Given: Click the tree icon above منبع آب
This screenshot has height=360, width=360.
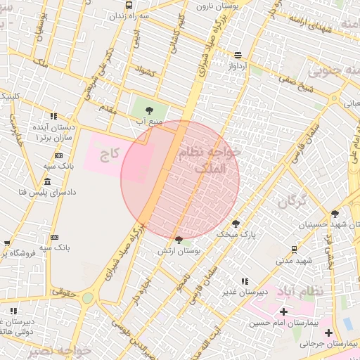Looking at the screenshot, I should click(x=149, y=110).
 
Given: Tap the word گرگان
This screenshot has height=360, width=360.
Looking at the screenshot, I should click(x=292, y=202).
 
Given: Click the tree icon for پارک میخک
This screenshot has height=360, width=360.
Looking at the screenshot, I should click(x=236, y=224).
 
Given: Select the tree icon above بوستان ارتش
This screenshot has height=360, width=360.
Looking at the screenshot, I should click(x=179, y=240).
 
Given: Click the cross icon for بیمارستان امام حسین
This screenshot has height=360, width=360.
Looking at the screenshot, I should click(x=283, y=311).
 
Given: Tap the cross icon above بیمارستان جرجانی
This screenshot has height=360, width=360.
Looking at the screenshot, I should click(x=328, y=332).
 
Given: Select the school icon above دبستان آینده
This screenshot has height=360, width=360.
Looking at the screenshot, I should click(x=53, y=116).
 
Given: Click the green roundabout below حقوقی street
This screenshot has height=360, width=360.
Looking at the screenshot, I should click(x=87, y=298).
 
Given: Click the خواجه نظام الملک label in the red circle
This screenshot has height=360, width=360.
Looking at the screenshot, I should click(x=210, y=160).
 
